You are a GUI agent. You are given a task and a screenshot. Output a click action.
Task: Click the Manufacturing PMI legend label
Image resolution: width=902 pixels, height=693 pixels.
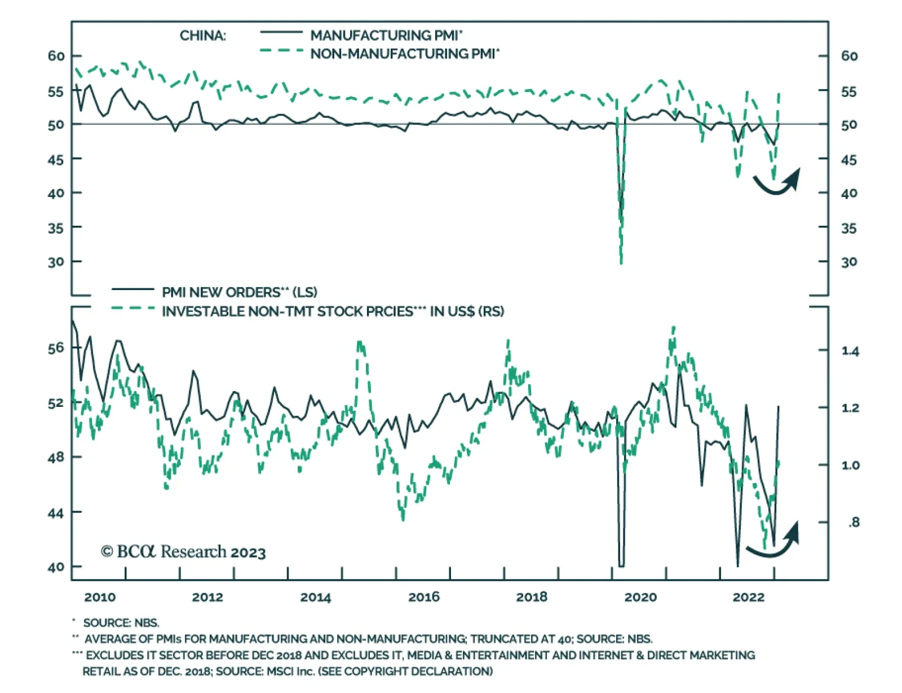pyautogui.click(x=386, y=36)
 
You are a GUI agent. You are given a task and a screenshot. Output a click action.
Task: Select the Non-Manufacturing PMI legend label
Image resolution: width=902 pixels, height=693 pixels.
pyautogui.click(x=405, y=54)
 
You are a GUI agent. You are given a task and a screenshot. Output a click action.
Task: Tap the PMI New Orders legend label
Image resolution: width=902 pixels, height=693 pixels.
pyautogui.click(x=240, y=292)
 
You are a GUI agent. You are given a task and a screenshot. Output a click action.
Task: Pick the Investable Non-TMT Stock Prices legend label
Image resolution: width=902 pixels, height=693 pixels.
pyautogui.click(x=333, y=312)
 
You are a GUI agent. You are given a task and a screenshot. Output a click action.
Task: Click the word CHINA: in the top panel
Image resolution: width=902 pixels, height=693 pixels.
pyautogui.click(x=202, y=36)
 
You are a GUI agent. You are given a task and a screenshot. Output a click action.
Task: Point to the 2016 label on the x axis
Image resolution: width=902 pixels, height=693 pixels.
pyautogui.click(x=424, y=597)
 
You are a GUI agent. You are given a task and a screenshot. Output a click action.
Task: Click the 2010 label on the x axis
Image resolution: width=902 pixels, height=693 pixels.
pyautogui.click(x=100, y=597)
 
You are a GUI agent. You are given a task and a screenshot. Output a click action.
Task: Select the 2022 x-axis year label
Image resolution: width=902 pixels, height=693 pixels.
pyautogui.click(x=748, y=597)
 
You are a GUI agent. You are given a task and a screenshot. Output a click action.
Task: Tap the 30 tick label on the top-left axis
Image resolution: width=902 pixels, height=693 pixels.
pyautogui.click(x=56, y=262)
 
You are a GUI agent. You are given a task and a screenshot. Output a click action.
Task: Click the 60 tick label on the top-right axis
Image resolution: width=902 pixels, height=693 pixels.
pyautogui.click(x=849, y=56)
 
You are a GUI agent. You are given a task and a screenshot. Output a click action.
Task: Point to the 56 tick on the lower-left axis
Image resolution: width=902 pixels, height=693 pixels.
pyautogui.click(x=56, y=348)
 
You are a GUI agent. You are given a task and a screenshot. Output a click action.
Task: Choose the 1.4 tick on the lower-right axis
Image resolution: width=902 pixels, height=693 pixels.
pyautogui.click(x=850, y=352)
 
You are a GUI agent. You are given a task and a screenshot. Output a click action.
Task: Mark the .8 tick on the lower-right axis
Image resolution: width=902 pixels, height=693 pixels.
pyautogui.click(x=854, y=523)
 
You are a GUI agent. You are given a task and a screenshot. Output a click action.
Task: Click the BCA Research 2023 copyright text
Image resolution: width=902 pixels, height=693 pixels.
pyautogui.click(x=183, y=551)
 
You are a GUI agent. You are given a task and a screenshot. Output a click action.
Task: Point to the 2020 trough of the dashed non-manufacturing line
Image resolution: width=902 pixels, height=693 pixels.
pyautogui.click(x=621, y=262)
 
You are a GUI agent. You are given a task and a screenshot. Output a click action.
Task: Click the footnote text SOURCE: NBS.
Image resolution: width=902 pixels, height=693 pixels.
pyautogui.click(x=121, y=623)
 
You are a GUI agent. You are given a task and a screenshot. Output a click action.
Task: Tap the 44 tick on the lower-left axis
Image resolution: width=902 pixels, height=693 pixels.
pyautogui.click(x=56, y=513)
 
